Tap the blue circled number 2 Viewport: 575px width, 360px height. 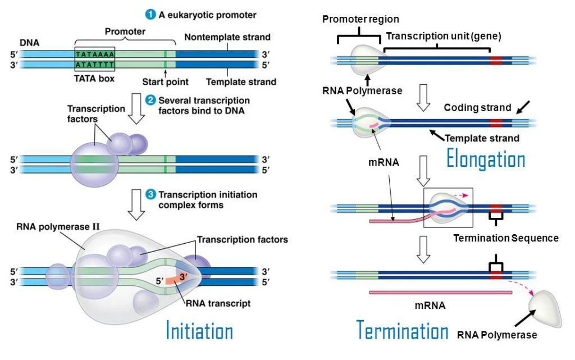(x=150, y=101)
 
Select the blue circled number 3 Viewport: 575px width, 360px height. (x=150, y=195)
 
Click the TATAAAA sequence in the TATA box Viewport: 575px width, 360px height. (x=95, y=54)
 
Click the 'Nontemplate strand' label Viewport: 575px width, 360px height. (x=227, y=38)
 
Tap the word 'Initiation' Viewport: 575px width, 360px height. (x=199, y=331)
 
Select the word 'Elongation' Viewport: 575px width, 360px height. (x=486, y=160)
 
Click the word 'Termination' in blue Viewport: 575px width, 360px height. (x=402, y=331)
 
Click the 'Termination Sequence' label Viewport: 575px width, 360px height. (x=505, y=238)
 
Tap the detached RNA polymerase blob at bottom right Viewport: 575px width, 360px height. (x=545, y=309)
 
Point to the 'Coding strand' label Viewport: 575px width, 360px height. (x=477, y=107)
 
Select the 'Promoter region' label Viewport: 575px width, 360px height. (x=360, y=20)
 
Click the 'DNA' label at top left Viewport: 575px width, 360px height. (x=29, y=42)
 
